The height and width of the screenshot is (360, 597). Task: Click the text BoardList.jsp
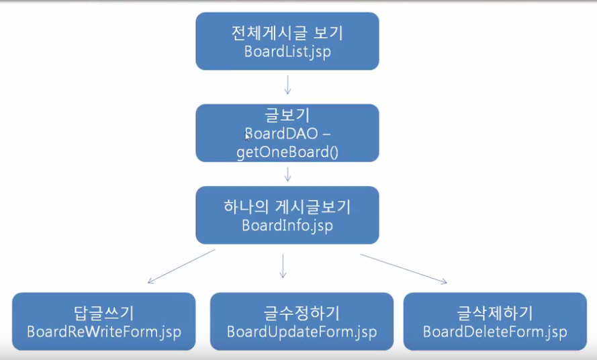287,52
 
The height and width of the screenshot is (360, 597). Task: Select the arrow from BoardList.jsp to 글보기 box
287,85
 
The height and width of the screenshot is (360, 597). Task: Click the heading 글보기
287,115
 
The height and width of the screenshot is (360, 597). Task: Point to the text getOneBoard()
287,152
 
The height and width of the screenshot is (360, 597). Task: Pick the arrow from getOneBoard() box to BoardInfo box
287,173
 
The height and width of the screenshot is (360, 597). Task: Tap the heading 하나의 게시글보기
287,207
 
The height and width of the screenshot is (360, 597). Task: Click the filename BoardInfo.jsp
287,225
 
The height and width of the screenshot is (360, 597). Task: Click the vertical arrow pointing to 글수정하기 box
283,266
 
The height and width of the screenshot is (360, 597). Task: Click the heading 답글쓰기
103,313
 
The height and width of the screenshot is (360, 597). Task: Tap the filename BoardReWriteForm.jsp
103,332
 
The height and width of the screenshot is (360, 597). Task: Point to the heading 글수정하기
302,313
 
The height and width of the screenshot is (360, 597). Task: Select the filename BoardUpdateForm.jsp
302,332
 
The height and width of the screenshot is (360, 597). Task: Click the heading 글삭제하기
495,313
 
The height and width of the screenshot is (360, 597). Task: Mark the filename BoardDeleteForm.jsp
495,332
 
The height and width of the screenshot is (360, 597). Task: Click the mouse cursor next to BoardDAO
247,136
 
